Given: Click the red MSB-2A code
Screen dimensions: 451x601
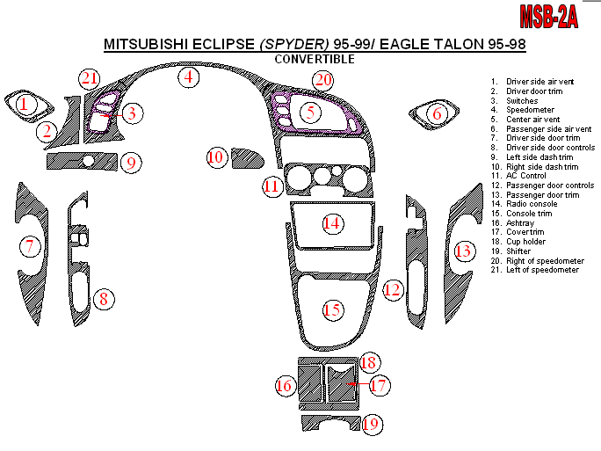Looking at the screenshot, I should click(x=549, y=15).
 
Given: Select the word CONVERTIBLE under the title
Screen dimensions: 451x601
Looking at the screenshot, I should click(x=315, y=59).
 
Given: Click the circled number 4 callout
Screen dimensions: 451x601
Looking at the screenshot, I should click(x=187, y=76).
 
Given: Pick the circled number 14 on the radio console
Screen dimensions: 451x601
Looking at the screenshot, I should click(x=331, y=223).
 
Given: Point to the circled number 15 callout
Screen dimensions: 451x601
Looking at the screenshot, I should click(x=332, y=309).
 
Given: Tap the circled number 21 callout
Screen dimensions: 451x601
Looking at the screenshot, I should click(x=89, y=78).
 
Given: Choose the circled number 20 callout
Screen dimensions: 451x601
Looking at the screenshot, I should click(x=323, y=81).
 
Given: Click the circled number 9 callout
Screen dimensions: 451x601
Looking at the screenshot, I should click(x=130, y=163).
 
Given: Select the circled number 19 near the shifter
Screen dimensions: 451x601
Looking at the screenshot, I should click(x=371, y=425).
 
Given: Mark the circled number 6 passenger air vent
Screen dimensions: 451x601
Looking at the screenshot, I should click(x=435, y=113).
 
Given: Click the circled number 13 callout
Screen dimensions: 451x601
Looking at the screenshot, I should click(x=463, y=251).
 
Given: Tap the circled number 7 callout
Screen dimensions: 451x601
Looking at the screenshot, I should click(x=30, y=247).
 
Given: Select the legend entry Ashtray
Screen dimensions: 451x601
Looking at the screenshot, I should click(x=520, y=222).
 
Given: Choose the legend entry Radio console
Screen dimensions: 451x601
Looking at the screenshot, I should click(x=532, y=203).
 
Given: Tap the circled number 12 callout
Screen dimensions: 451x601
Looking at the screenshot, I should click(x=393, y=288).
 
